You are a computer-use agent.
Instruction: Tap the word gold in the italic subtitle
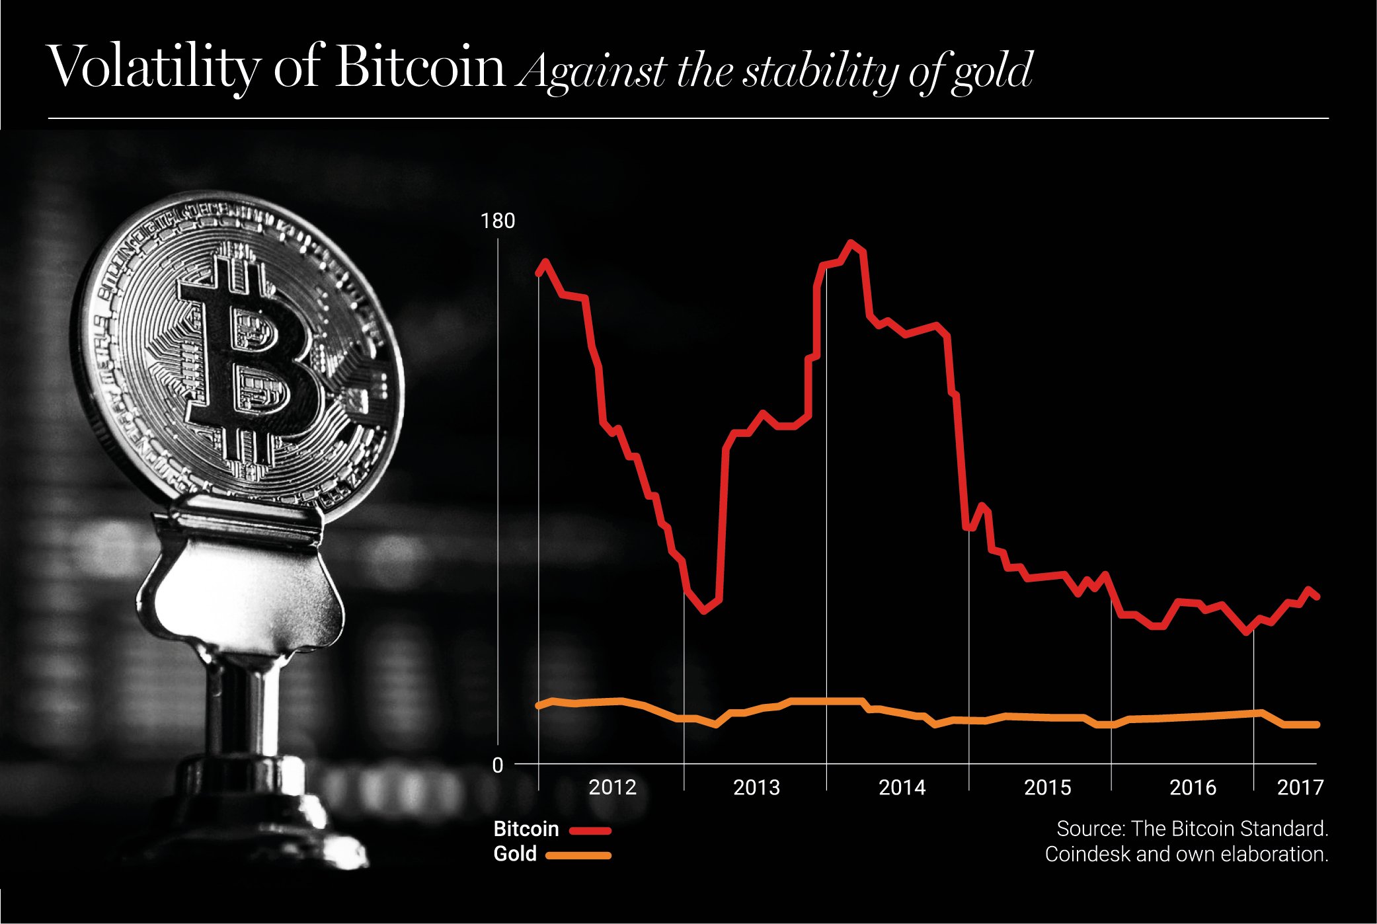[992, 71]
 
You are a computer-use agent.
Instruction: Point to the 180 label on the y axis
[497, 221]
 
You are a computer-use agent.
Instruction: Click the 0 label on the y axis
[498, 765]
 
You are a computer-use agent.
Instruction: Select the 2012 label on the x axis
[612, 787]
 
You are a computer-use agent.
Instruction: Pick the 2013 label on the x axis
[756, 787]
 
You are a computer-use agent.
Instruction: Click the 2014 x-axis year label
[902, 787]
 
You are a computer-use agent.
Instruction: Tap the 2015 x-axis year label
[1047, 787]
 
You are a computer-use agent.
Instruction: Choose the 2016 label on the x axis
[1193, 787]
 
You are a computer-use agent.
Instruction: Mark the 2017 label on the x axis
[1300, 787]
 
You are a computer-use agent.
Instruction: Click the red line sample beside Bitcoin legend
[590, 830]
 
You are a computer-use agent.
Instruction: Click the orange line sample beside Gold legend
[578, 855]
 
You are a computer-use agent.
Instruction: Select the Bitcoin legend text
[526, 829]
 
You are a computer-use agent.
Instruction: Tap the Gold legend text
[515, 854]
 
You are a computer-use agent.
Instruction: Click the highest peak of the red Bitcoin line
[851, 243]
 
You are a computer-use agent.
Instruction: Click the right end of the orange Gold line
[1316, 725]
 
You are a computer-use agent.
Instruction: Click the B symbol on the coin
[251, 360]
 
